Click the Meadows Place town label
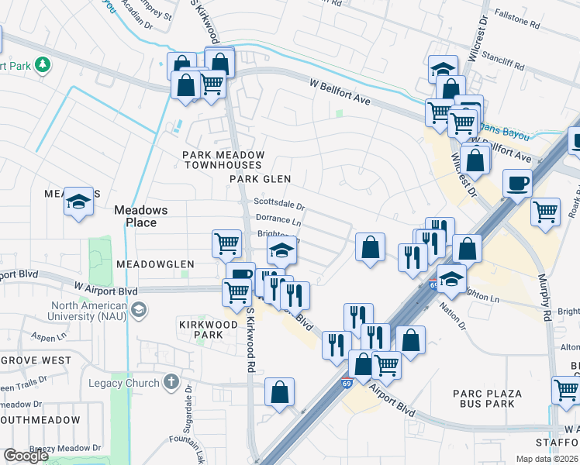[135, 216]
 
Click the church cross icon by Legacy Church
[170, 382]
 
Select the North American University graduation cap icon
[138, 311]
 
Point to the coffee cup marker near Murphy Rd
[517, 184]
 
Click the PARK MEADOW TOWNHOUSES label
[223, 160]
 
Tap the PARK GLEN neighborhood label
[260, 179]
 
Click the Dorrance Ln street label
[278, 221]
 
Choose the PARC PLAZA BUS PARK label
[487, 398]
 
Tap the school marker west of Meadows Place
[78, 201]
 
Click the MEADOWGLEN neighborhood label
[155, 264]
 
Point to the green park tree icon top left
[43, 64]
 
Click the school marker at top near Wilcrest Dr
[442, 70]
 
